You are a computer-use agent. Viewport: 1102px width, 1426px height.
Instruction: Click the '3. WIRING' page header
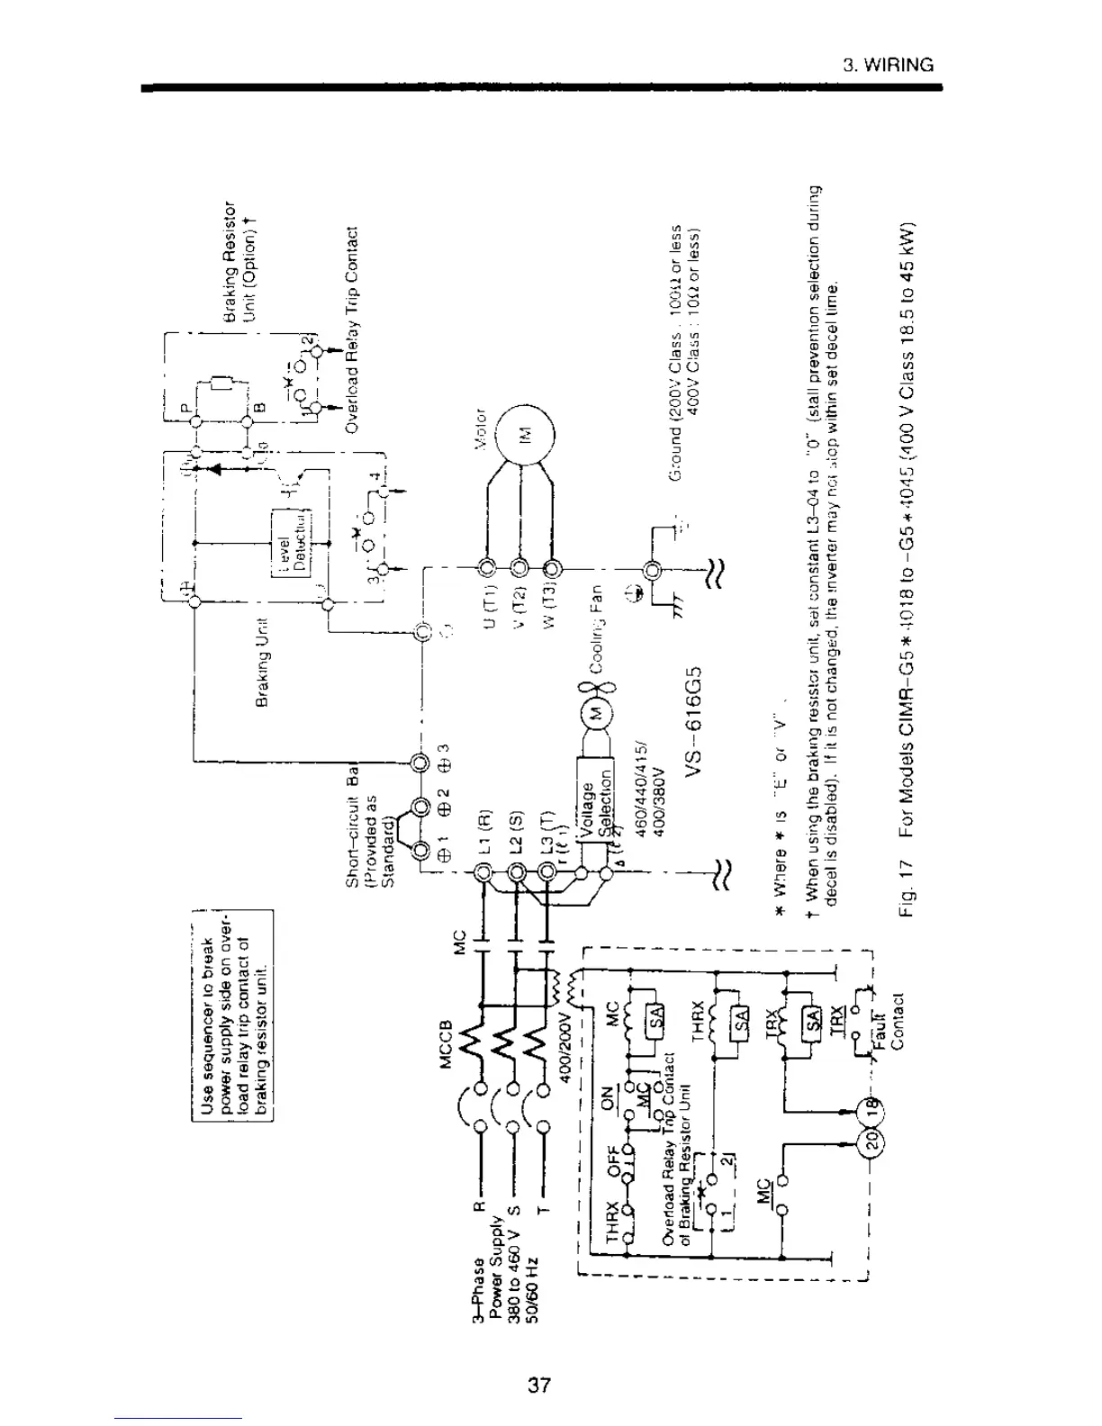pos(888,65)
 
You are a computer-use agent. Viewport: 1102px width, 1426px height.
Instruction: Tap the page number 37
pos(539,1385)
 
